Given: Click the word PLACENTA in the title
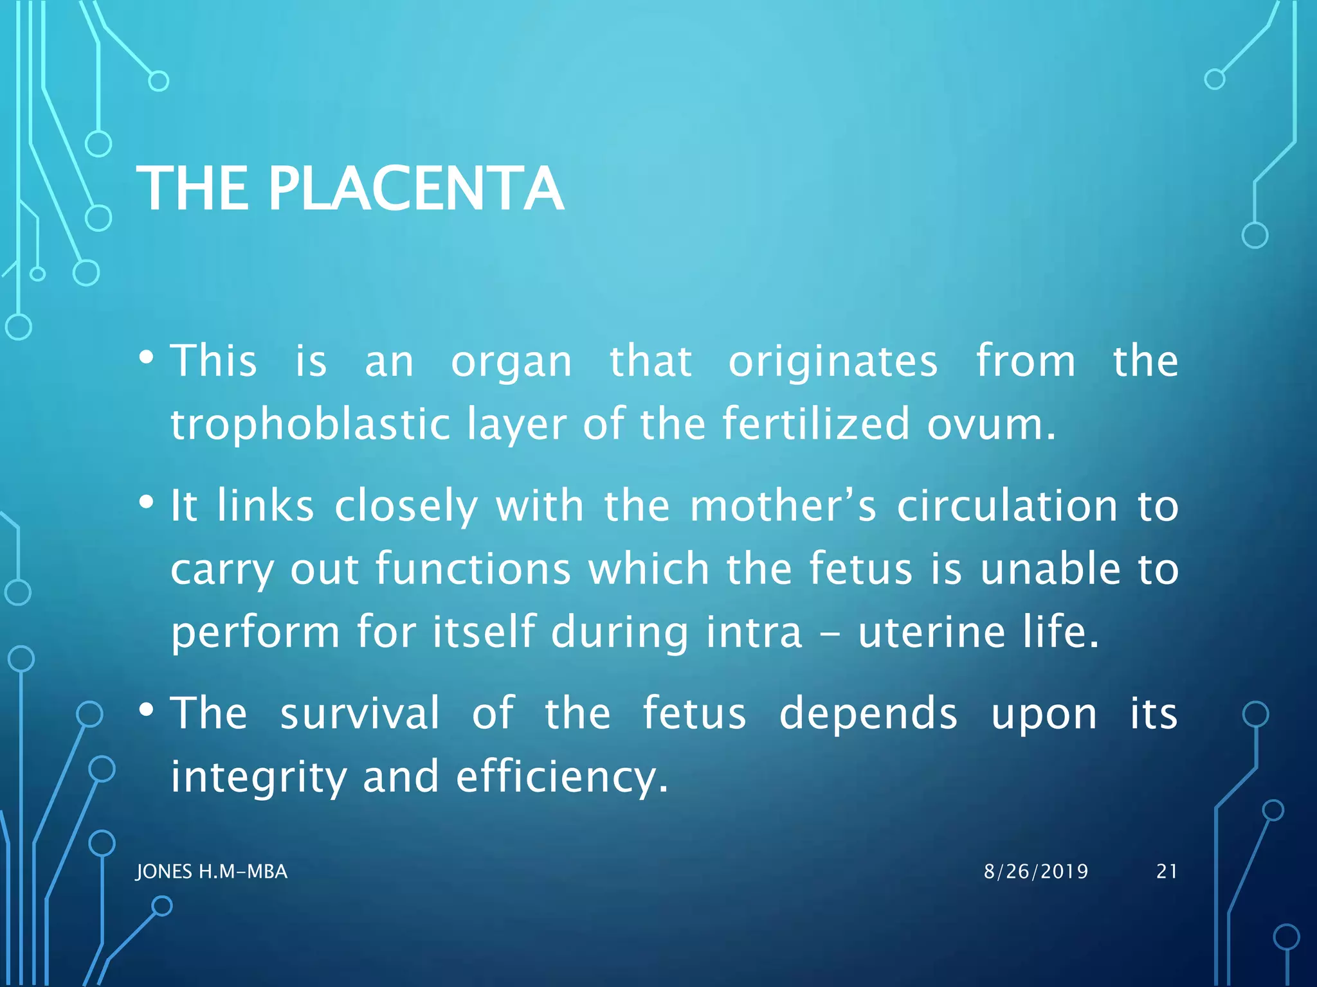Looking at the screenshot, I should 415,188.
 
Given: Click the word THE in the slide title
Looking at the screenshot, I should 192,188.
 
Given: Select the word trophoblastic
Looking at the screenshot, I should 310,425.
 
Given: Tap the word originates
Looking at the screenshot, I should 833,361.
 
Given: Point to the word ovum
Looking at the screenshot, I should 990,425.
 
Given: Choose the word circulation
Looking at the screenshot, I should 1007,506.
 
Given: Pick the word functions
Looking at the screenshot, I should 473,569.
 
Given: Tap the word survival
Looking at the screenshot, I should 360,713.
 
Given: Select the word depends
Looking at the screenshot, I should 868,713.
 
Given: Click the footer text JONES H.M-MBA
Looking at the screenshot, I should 212,871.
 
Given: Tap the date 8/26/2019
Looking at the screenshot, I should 1036,871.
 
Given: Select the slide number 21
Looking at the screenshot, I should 1167,871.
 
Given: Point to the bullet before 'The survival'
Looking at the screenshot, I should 146,709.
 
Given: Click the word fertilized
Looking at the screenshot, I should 816,425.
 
